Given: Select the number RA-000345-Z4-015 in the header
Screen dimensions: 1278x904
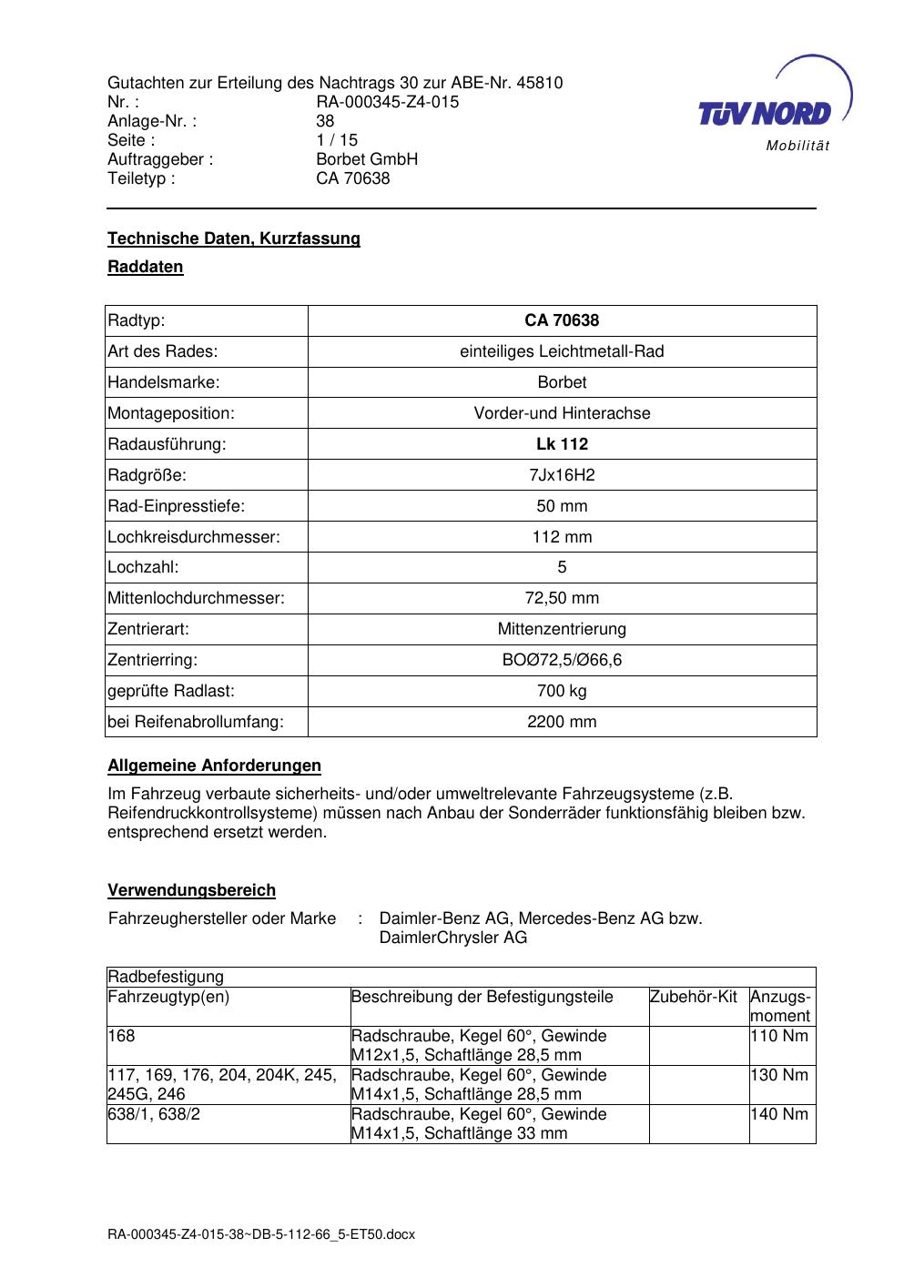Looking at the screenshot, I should (387, 102).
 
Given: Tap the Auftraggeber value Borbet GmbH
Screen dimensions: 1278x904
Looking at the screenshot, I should (367, 159).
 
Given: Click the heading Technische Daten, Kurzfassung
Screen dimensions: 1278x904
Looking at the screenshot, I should (234, 238).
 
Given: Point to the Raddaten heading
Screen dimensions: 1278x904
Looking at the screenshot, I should (146, 267).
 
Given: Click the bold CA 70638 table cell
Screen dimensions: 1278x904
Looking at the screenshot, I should (562, 320).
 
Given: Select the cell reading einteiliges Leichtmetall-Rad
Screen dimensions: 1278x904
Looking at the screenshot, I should (562, 351).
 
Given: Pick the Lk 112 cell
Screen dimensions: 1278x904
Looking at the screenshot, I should (562, 444).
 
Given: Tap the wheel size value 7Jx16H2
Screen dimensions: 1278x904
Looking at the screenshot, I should (562, 475).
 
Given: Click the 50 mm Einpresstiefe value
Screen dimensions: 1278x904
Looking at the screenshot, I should (562, 506).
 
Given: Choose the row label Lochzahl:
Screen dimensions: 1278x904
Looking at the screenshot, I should (143, 567).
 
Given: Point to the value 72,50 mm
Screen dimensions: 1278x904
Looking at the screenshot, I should (562, 598).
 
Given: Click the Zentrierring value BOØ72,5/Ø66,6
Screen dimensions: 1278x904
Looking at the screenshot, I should (562, 660).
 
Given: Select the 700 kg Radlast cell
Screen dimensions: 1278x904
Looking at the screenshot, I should (562, 691).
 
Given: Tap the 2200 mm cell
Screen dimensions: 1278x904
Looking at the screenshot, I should (562, 722).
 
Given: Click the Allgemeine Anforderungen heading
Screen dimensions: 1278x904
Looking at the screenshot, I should (214, 766).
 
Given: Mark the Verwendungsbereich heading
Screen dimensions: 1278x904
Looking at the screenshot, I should (191, 890).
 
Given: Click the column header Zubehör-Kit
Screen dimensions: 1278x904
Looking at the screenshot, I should (694, 997).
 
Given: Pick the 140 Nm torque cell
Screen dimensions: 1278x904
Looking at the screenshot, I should (781, 1114).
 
